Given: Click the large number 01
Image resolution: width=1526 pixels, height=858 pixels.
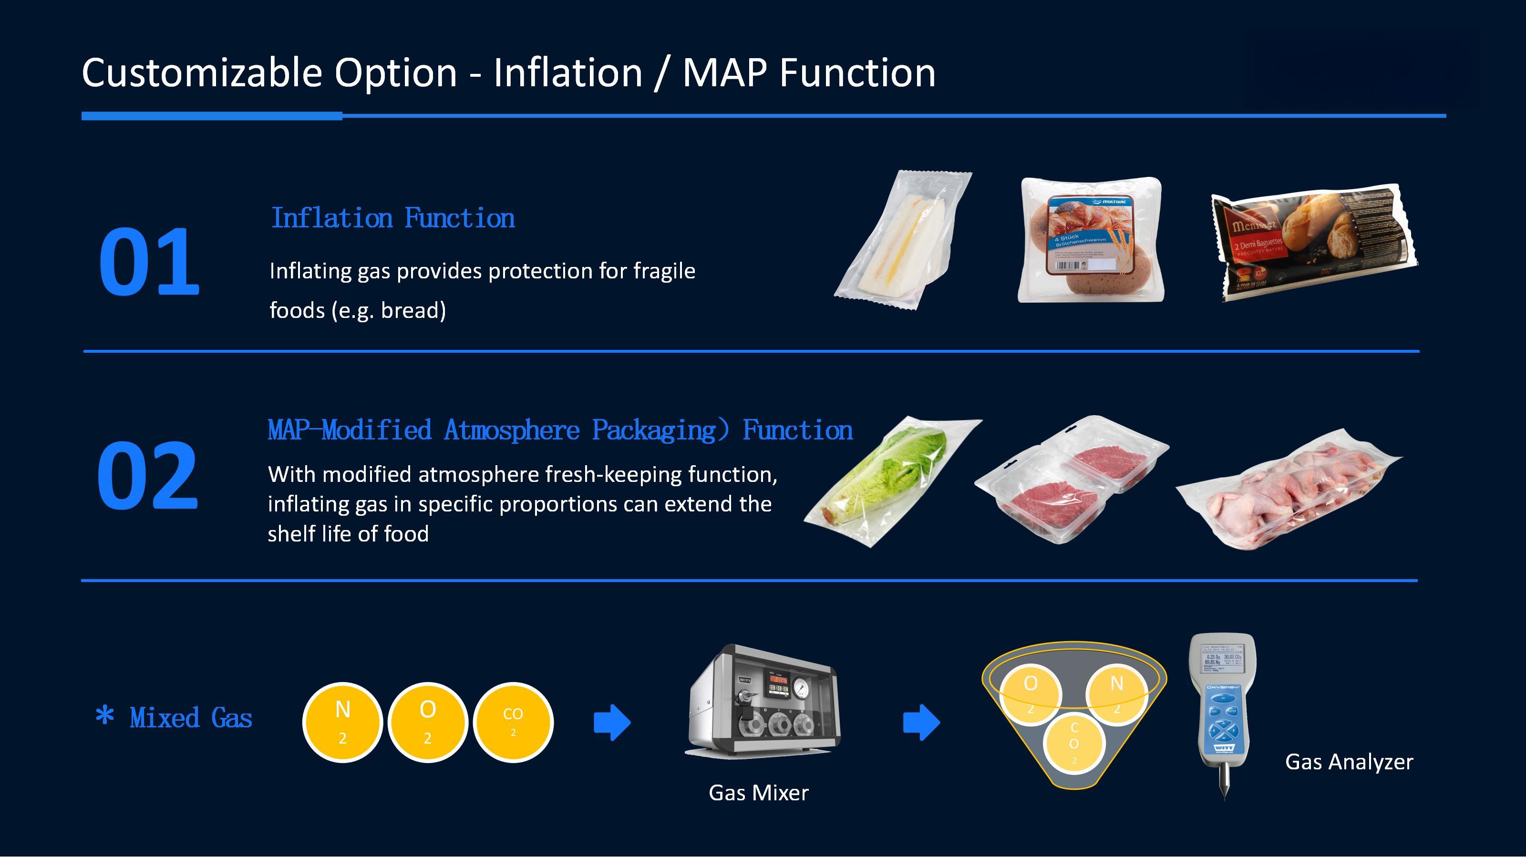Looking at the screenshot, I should [x=149, y=262].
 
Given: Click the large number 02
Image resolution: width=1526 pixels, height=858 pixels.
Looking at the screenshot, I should [x=147, y=476].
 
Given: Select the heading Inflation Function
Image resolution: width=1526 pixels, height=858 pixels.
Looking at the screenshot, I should [x=393, y=218].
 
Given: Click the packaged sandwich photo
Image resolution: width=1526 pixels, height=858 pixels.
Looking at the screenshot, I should [x=902, y=240].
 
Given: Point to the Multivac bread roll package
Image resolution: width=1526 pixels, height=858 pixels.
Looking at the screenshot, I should [x=1090, y=240].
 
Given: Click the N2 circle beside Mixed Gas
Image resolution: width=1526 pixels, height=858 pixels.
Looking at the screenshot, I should [x=342, y=722].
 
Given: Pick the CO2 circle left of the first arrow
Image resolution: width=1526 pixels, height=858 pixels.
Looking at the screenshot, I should [x=513, y=722].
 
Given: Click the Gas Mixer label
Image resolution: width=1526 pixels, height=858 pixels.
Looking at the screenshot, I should [x=758, y=793].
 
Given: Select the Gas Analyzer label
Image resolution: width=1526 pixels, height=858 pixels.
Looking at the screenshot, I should [x=1349, y=762].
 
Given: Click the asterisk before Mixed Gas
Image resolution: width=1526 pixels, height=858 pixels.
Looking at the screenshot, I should [x=105, y=716].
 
